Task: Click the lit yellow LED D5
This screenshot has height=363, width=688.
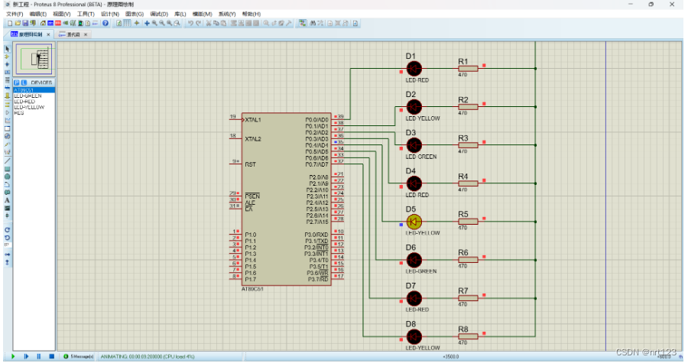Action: [414, 222]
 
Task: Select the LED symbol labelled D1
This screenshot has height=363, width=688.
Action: [414, 69]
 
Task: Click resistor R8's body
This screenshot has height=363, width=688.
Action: [467, 336]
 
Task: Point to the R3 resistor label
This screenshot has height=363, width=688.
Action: [462, 138]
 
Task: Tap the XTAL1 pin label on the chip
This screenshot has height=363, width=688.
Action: [253, 120]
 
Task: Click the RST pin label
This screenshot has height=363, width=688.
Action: [249, 164]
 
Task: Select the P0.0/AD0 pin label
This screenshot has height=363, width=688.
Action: [316, 119]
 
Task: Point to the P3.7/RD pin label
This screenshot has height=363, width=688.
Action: [316, 279]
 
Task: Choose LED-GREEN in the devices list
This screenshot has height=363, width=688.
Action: [28, 96]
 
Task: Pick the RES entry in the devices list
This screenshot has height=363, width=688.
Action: [19, 113]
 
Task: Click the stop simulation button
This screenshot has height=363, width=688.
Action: [51, 356]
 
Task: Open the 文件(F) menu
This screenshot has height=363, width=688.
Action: [15, 14]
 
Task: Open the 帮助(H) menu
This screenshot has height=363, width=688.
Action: [250, 14]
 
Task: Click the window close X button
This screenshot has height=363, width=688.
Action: [672, 4]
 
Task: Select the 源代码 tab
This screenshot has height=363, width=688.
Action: [73, 34]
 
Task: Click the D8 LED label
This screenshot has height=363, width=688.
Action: [411, 324]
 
